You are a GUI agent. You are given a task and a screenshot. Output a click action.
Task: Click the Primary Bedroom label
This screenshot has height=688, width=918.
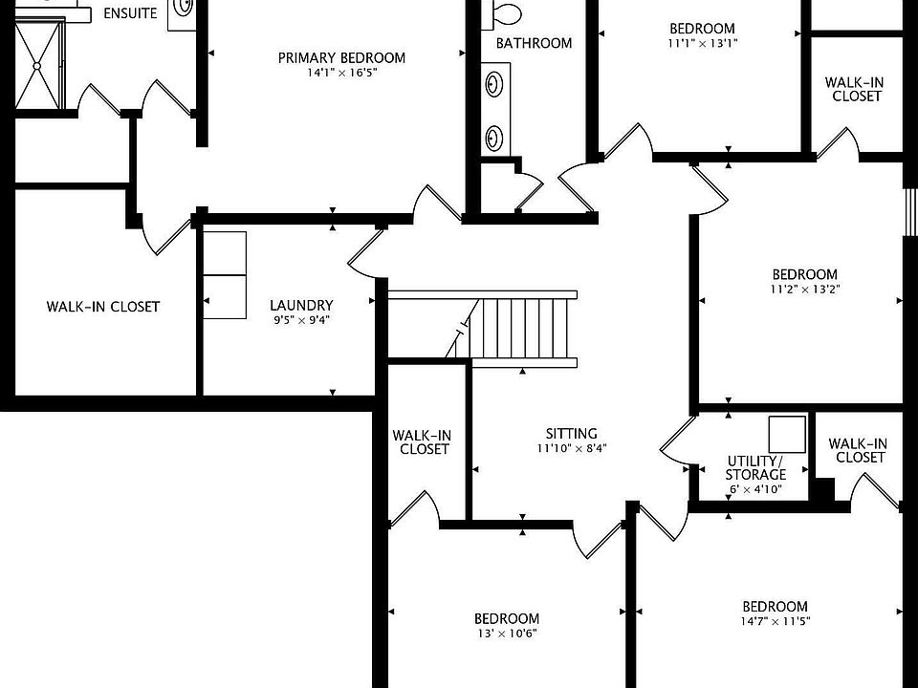(x=341, y=58)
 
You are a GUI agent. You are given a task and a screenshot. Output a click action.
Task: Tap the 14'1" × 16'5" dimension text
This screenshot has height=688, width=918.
(x=341, y=73)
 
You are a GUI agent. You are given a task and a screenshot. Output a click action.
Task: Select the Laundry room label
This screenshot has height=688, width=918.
(x=301, y=305)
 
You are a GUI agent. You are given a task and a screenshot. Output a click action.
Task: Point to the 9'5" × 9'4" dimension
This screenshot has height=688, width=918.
(x=301, y=320)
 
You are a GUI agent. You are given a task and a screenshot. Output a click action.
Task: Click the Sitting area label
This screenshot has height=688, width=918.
(x=572, y=434)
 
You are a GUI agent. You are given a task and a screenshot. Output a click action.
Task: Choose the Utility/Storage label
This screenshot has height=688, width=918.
(x=755, y=467)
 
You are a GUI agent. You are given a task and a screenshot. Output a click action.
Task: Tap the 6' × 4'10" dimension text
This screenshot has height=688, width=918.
(x=755, y=489)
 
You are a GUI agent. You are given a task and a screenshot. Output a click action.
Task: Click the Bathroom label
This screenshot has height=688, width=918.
(x=534, y=43)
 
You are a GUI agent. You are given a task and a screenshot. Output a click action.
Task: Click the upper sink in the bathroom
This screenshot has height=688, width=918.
(x=494, y=84)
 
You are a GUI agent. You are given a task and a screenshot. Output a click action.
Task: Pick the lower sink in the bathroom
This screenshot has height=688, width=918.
(x=494, y=138)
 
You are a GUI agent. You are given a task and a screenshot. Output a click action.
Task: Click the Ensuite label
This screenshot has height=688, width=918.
(x=130, y=12)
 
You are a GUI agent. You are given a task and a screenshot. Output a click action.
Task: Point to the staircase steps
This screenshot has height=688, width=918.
(x=523, y=329)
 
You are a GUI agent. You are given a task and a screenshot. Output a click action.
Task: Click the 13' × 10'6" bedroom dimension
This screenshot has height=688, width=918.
(x=507, y=633)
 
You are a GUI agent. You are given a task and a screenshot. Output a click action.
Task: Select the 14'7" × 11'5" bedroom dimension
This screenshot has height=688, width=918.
(x=776, y=621)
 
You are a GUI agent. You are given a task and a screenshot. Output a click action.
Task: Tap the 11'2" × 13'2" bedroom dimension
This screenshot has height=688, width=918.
(x=805, y=289)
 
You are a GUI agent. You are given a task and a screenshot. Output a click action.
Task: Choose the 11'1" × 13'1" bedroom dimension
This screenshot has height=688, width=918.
(x=702, y=43)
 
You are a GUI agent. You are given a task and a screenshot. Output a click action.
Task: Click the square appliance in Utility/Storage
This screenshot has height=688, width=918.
(x=787, y=434)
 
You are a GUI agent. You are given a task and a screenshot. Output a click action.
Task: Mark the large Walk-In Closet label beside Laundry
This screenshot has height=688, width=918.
(x=103, y=307)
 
